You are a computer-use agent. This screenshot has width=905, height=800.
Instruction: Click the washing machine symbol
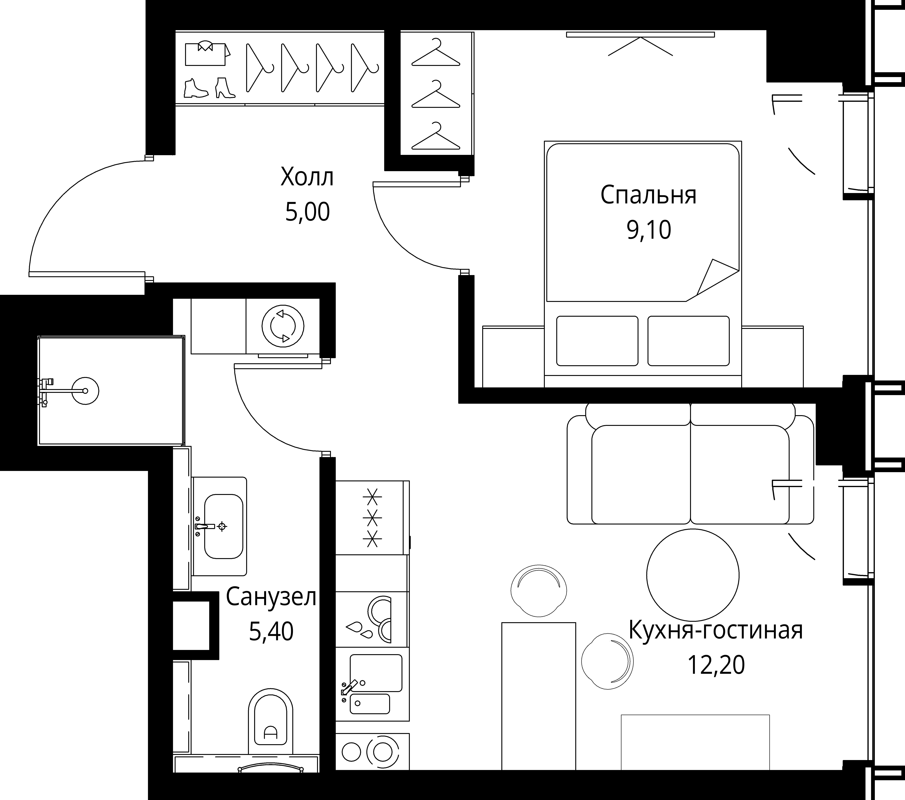(x=283, y=326)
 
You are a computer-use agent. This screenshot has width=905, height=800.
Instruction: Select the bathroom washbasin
(x=223, y=526)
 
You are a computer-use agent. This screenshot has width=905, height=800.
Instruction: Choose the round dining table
(x=692, y=576)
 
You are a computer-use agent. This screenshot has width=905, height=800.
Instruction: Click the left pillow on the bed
(x=597, y=341)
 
